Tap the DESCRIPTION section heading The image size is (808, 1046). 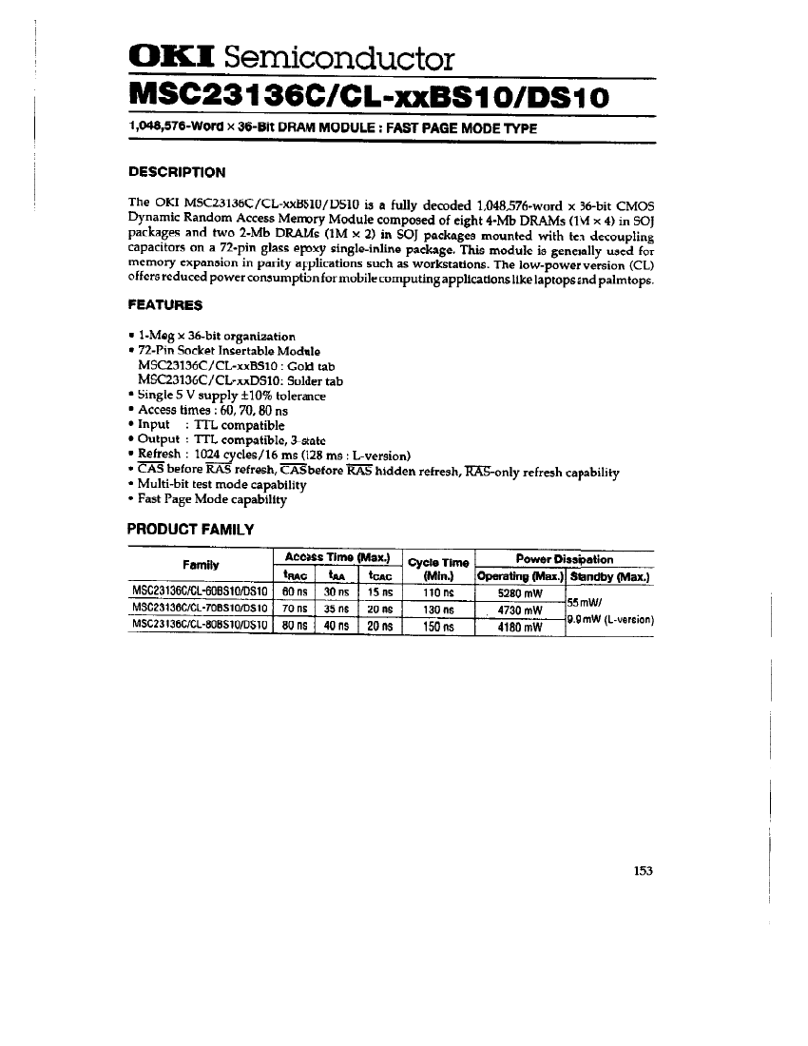177,172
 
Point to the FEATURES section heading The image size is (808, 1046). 164,305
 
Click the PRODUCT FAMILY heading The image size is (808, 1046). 190,529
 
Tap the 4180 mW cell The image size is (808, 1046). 518,627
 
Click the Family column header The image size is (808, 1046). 201,565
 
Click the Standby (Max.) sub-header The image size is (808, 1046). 609,575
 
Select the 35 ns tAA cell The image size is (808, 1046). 336,609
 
